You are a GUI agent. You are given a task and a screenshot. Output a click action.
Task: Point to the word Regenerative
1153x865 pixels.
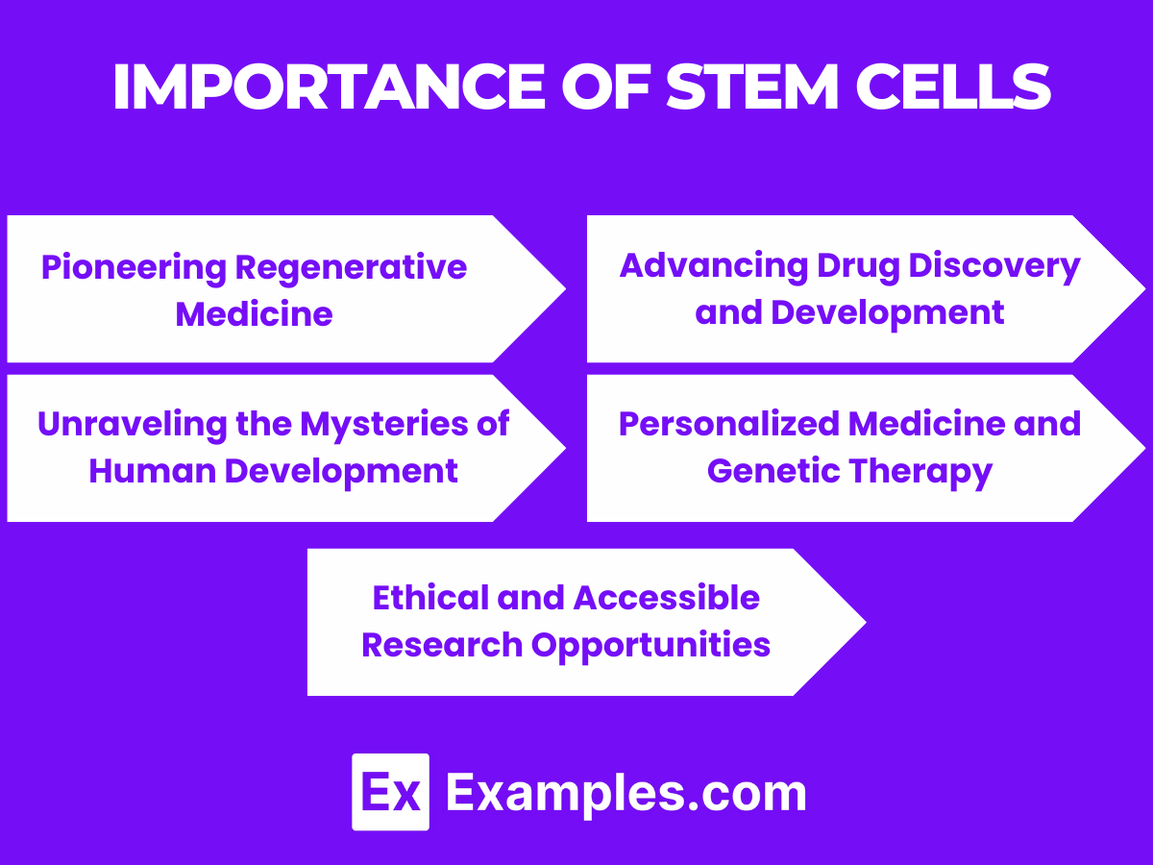click(x=351, y=267)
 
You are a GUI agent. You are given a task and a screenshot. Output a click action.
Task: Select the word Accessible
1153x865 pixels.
click(x=667, y=598)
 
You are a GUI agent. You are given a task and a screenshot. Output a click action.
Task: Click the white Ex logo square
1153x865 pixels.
click(x=390, y=792)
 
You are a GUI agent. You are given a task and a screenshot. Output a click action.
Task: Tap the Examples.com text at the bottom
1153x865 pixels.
click(x=626, y=794)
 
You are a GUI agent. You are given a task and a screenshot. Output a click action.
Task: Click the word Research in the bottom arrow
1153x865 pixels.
click(x=442, y=645)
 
